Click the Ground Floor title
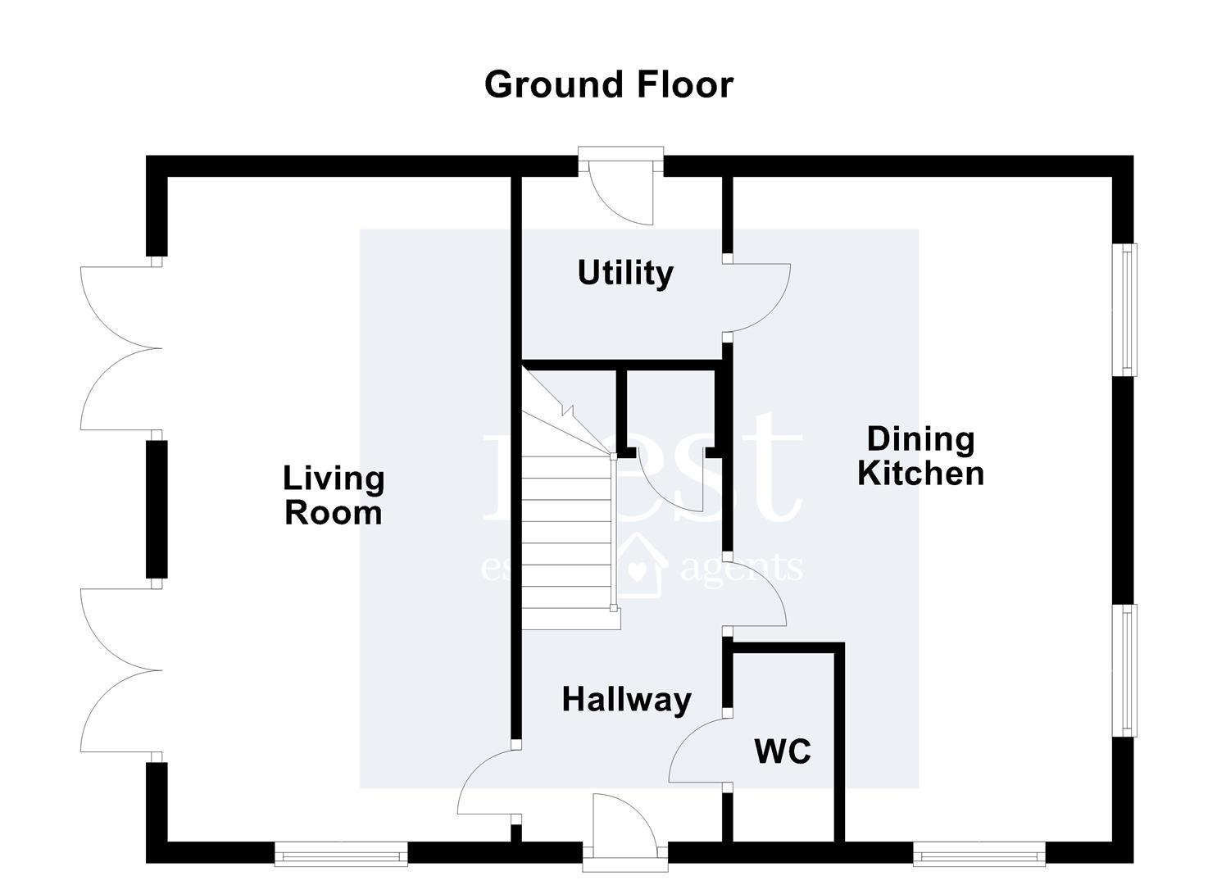(x=608, y=84)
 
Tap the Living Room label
(x=334, y=496)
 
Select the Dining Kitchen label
(x=920, y=456)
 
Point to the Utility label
(x=625, y=273)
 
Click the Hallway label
(x=627, y=700)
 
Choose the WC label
(x=783, y=751)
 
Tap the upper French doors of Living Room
(x=120, y=347)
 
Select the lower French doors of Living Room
(x=120, y=670)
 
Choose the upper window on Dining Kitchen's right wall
(x=1129, y=310)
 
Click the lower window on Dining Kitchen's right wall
(x=1129, y=670)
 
